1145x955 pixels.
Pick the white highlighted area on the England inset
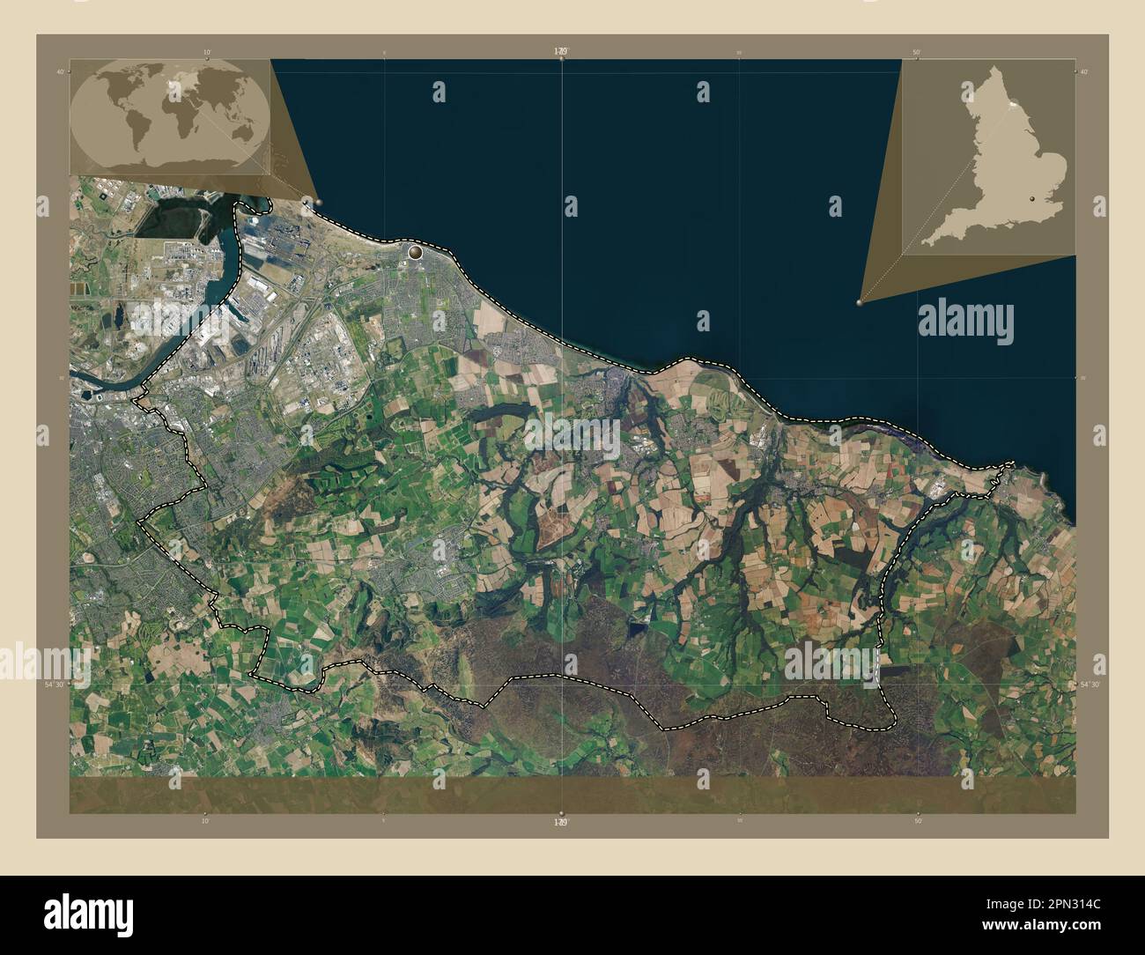tap(1013, 104)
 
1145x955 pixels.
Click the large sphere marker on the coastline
tap(414, 253)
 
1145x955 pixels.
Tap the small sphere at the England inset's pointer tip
tap(860, 301)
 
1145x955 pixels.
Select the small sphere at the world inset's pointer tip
tap(318, 202)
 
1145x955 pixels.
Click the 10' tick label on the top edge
tap(206, 52)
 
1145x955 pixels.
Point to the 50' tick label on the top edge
tap(917, 52)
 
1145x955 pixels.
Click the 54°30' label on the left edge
tap(55, 684)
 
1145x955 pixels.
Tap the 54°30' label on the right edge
tap(1090, 684)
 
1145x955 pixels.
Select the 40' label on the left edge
tap(60, 71)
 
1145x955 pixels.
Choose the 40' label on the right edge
tap(1085, 71)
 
